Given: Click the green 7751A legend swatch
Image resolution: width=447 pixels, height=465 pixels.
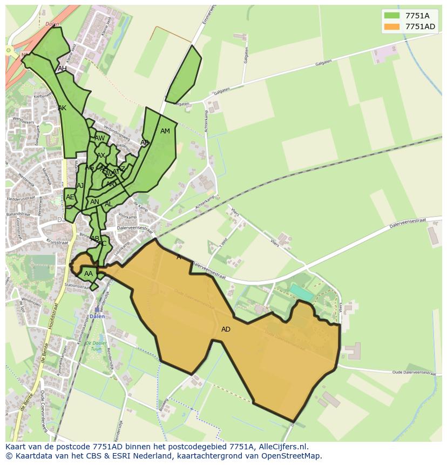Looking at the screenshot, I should (391, 16).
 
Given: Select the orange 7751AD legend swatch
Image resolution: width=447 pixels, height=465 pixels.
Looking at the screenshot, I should (391, 26).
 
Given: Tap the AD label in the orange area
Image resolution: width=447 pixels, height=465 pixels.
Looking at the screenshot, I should (226, 329).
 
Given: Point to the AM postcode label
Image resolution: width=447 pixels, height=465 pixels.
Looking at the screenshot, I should (165, 131).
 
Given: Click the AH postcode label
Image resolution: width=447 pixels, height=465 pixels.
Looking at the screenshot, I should (62, 69).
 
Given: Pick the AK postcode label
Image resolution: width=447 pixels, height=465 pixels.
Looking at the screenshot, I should (62, 108).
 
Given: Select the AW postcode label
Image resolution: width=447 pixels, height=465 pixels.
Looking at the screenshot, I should (100, 138).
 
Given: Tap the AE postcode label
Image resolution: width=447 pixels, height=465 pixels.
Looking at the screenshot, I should (70, 197).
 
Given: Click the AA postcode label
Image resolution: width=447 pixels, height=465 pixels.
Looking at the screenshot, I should (89, 274).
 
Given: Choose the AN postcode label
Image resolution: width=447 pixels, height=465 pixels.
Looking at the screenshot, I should (94, 202).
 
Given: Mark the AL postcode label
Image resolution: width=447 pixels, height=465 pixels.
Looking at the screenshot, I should (109, 204).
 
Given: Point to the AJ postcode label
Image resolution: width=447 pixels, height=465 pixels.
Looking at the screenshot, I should (80, 186).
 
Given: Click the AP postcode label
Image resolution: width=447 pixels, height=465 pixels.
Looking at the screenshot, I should (144, 143).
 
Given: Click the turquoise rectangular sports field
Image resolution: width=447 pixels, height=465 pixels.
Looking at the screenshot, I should (301, 292).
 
